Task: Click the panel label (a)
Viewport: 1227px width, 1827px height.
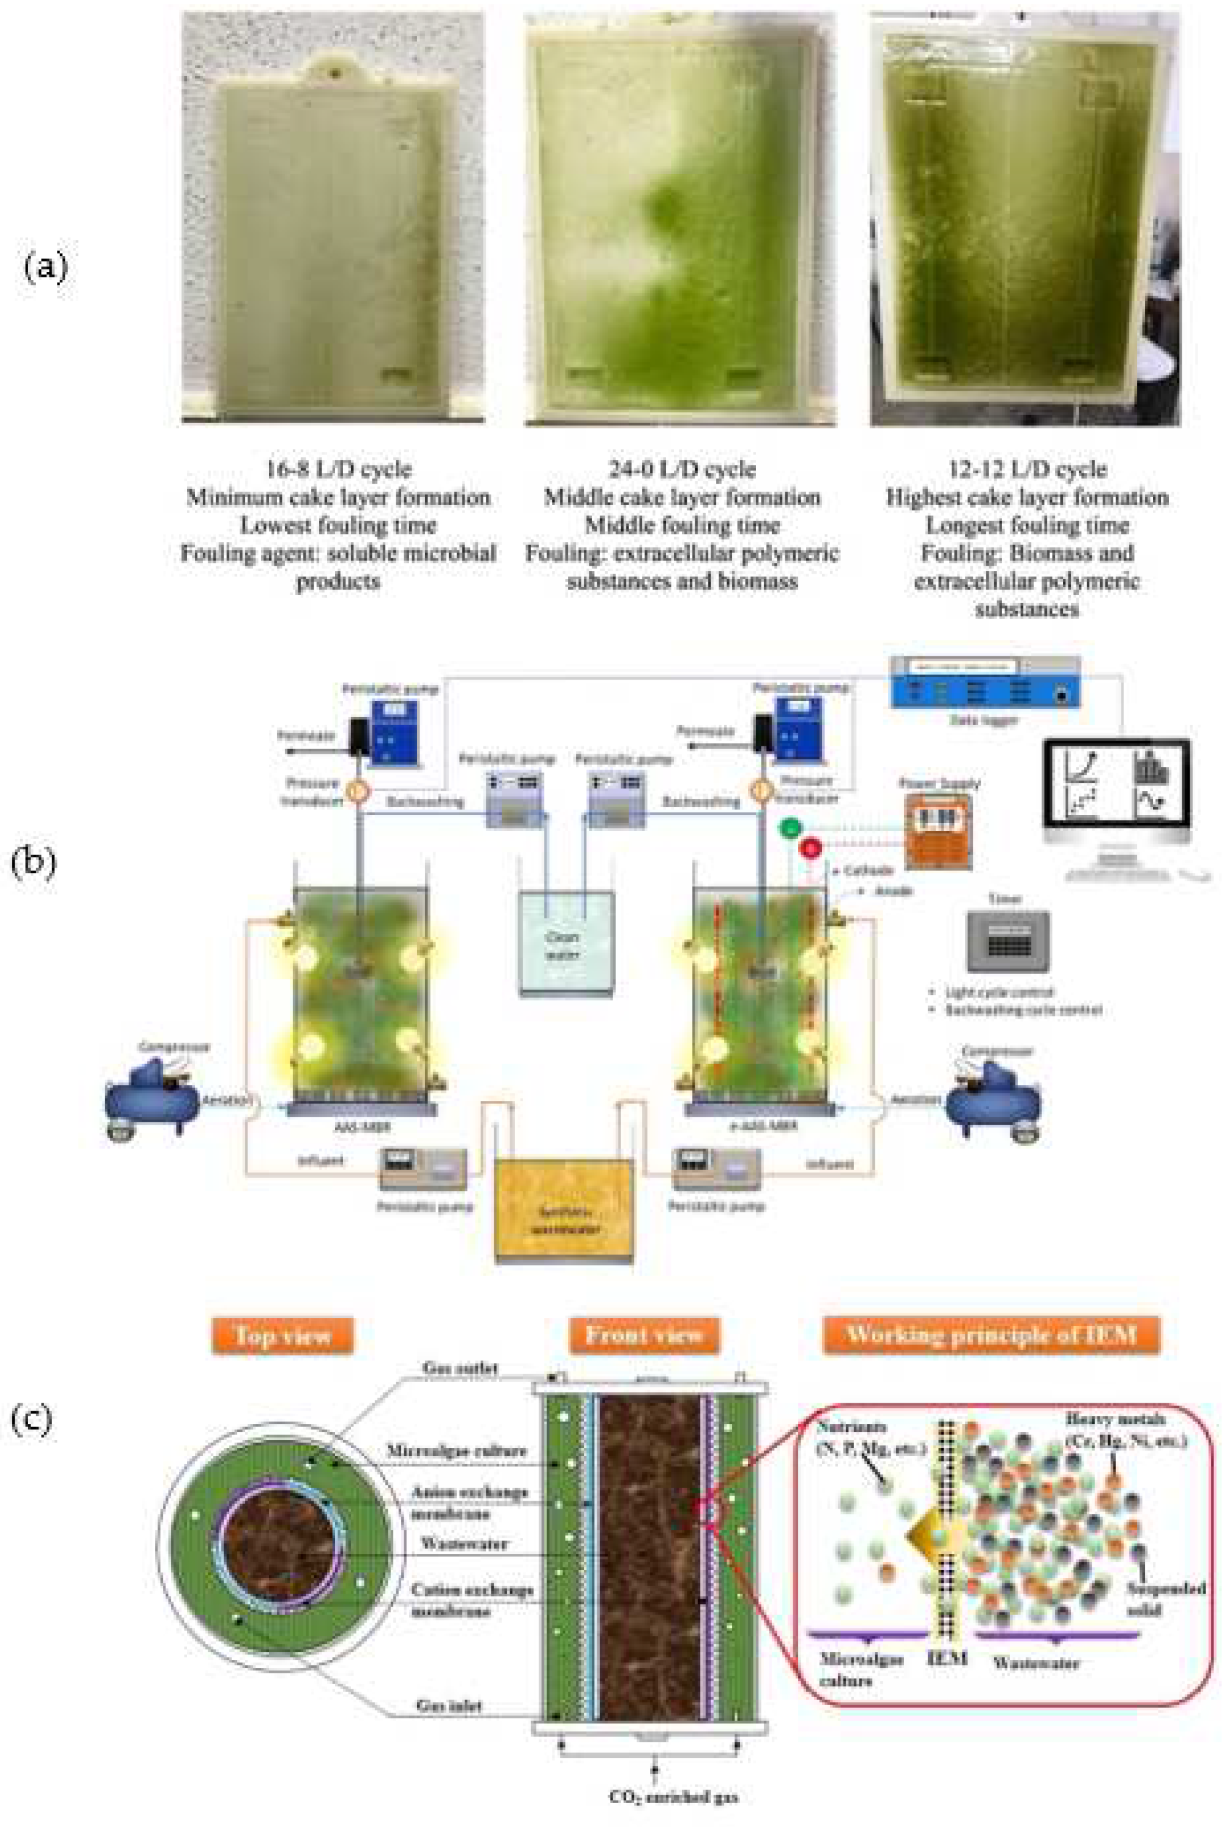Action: [45, 268]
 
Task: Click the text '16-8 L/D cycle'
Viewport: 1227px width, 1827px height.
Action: [338, 469]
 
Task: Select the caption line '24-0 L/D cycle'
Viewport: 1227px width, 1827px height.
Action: [682, 469]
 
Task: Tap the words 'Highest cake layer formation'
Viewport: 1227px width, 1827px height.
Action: [1026, 497]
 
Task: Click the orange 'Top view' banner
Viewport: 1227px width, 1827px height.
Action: [282, 1336]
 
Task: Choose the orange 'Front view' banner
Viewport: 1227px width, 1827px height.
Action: [643, 1335]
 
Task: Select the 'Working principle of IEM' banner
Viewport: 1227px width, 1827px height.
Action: [991, 1335]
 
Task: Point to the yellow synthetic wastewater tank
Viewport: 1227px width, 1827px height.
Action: [564, 1210]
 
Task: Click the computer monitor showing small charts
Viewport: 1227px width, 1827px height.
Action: [1117, 782]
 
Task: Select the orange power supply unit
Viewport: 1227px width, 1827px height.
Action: [938, 831]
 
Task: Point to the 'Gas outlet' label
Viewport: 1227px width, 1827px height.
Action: [459, 1368]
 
